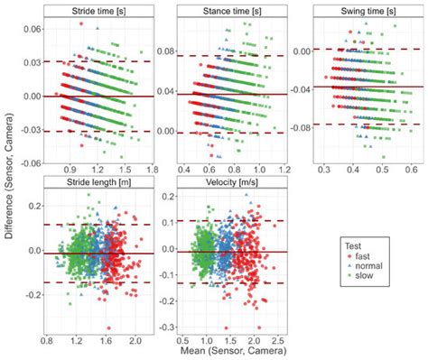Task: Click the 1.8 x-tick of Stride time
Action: pos(153,170)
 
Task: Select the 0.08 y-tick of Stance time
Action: pos(168,52)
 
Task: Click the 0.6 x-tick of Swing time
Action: pos(411,170)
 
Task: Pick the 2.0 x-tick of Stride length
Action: pos(135,341)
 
